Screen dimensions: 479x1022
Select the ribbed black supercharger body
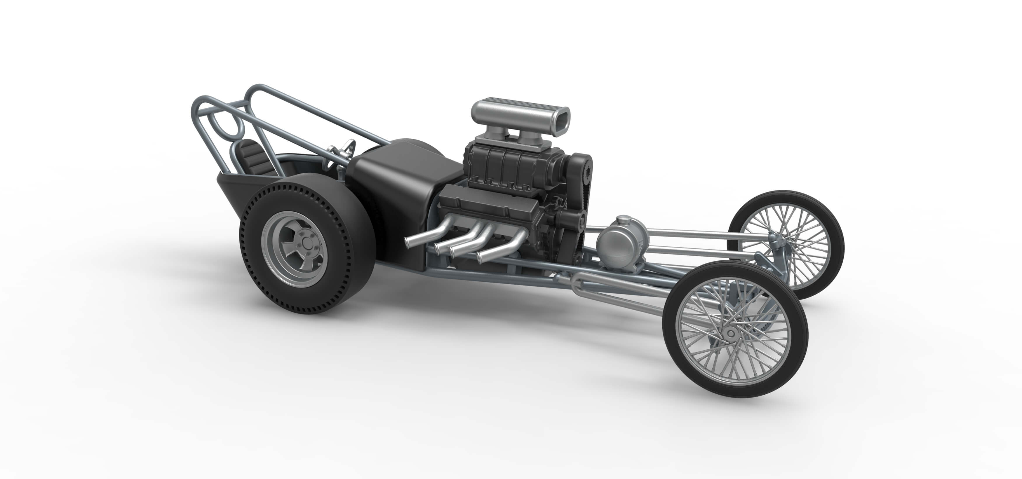tap(504, 165)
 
